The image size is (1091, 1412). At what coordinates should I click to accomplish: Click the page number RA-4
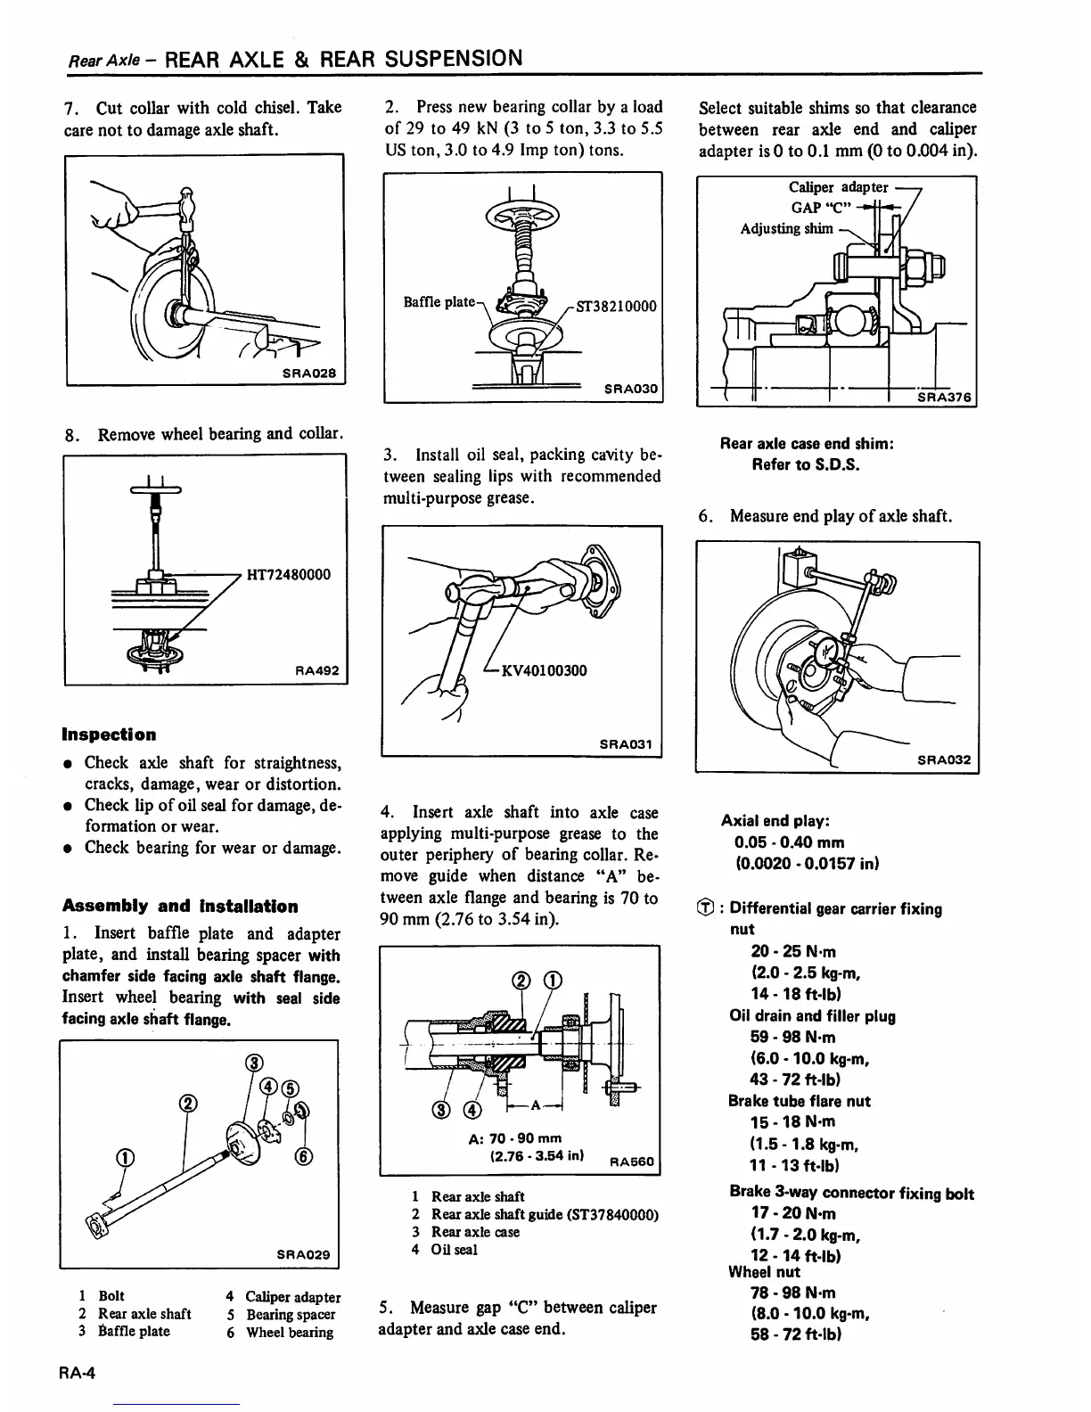78,1374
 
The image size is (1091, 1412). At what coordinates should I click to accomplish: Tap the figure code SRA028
308,373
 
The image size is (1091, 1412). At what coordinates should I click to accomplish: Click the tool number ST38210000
616,307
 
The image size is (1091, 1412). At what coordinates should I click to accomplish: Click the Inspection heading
109,735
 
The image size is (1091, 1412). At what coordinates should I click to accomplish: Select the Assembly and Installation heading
180,907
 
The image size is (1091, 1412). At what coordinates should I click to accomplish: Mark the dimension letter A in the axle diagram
535,1105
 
